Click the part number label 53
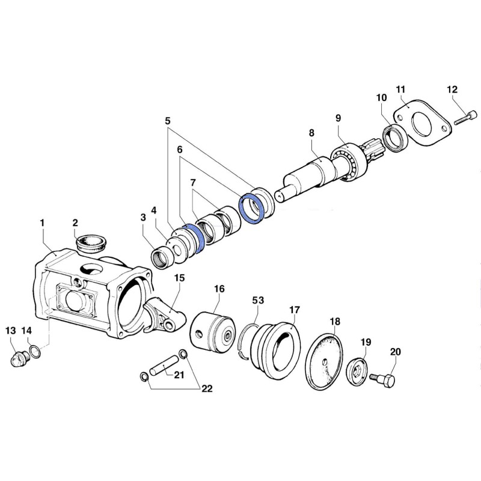click(258, 299)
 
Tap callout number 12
click(452, 90)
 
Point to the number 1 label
click(42, 223)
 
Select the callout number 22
click(207, 388)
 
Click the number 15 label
click(179, 278)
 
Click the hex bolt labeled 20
click(382, 379)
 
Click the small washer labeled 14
click(35, 351)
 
